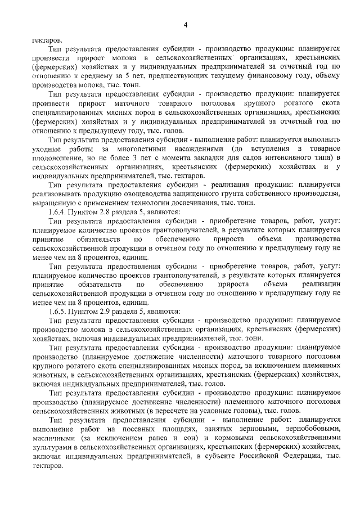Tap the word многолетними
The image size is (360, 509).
coord(139,148)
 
